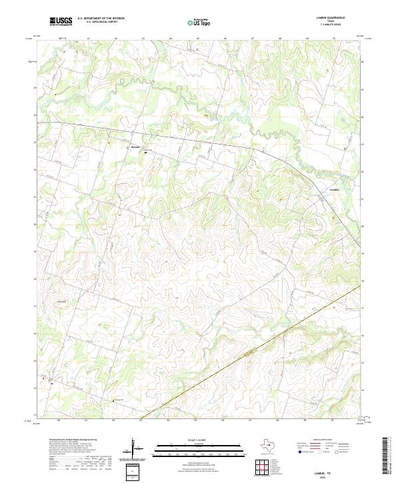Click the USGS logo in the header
(x=61, y=21)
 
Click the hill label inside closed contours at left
(x=63, y=302)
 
